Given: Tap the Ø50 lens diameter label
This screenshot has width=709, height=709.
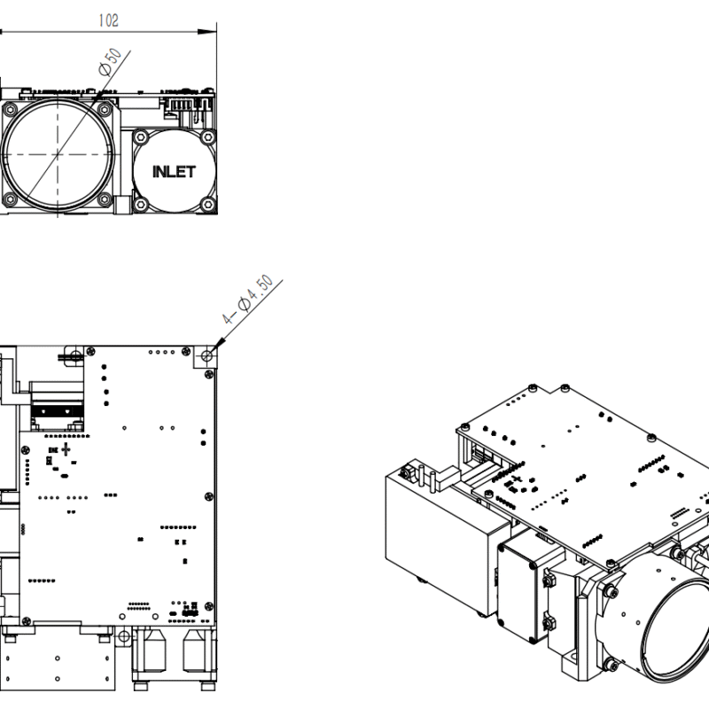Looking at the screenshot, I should [x=110, y=65].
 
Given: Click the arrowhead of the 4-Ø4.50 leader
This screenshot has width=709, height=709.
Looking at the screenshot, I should [x=215, y=344].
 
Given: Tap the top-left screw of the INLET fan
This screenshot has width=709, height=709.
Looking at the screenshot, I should [x=139, y=137].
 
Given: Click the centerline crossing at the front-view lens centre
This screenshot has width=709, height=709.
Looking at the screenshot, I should [x=58, y=154].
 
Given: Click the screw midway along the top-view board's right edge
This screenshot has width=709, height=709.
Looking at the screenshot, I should [x=209, y=495].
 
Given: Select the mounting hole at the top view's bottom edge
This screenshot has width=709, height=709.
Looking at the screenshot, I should [x=107, y=635].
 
